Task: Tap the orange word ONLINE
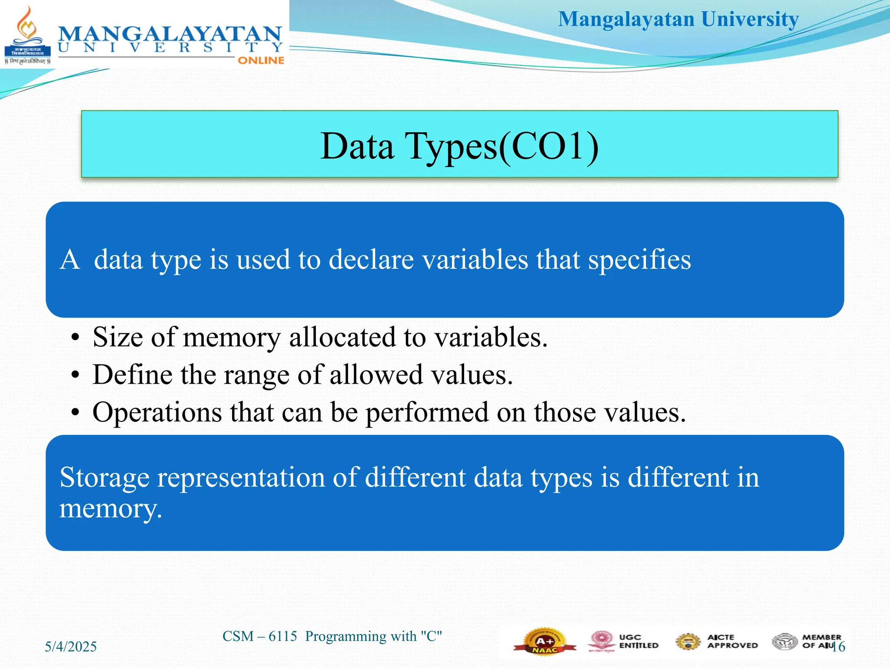(261, 60)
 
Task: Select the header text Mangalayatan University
(678, 20)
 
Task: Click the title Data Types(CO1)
(459, 146)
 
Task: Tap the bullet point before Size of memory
(76, 338)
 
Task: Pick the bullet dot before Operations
(76, 413)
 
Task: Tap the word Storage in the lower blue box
(104, 478)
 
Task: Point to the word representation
(241, 478)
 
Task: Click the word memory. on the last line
(110, 508)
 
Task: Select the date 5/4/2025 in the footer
(71, 647)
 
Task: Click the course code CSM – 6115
(259, 636)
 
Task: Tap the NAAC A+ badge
(545, 641)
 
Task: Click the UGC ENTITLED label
(638, 641)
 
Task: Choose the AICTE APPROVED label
(732, 641)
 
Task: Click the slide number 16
(839, 647)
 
